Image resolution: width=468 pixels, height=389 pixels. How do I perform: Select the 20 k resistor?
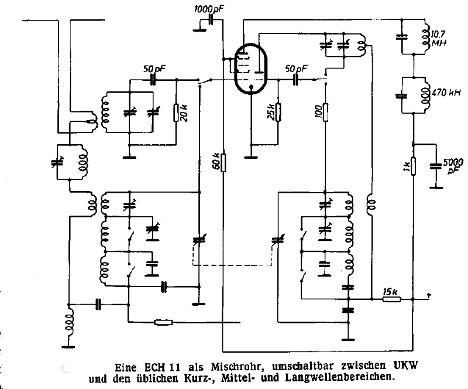(x=177, y=112)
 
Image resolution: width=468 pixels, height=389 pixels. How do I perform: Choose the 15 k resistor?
(x=391, y=299)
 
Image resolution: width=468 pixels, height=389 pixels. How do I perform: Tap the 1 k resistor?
(x=414, y=166)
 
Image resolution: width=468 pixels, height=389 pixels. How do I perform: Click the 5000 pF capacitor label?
(x=454, y=167)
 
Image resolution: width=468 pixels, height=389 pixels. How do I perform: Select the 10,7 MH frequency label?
(x=439, y=37)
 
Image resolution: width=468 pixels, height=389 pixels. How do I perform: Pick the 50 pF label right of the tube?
(x=295, y=69)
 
